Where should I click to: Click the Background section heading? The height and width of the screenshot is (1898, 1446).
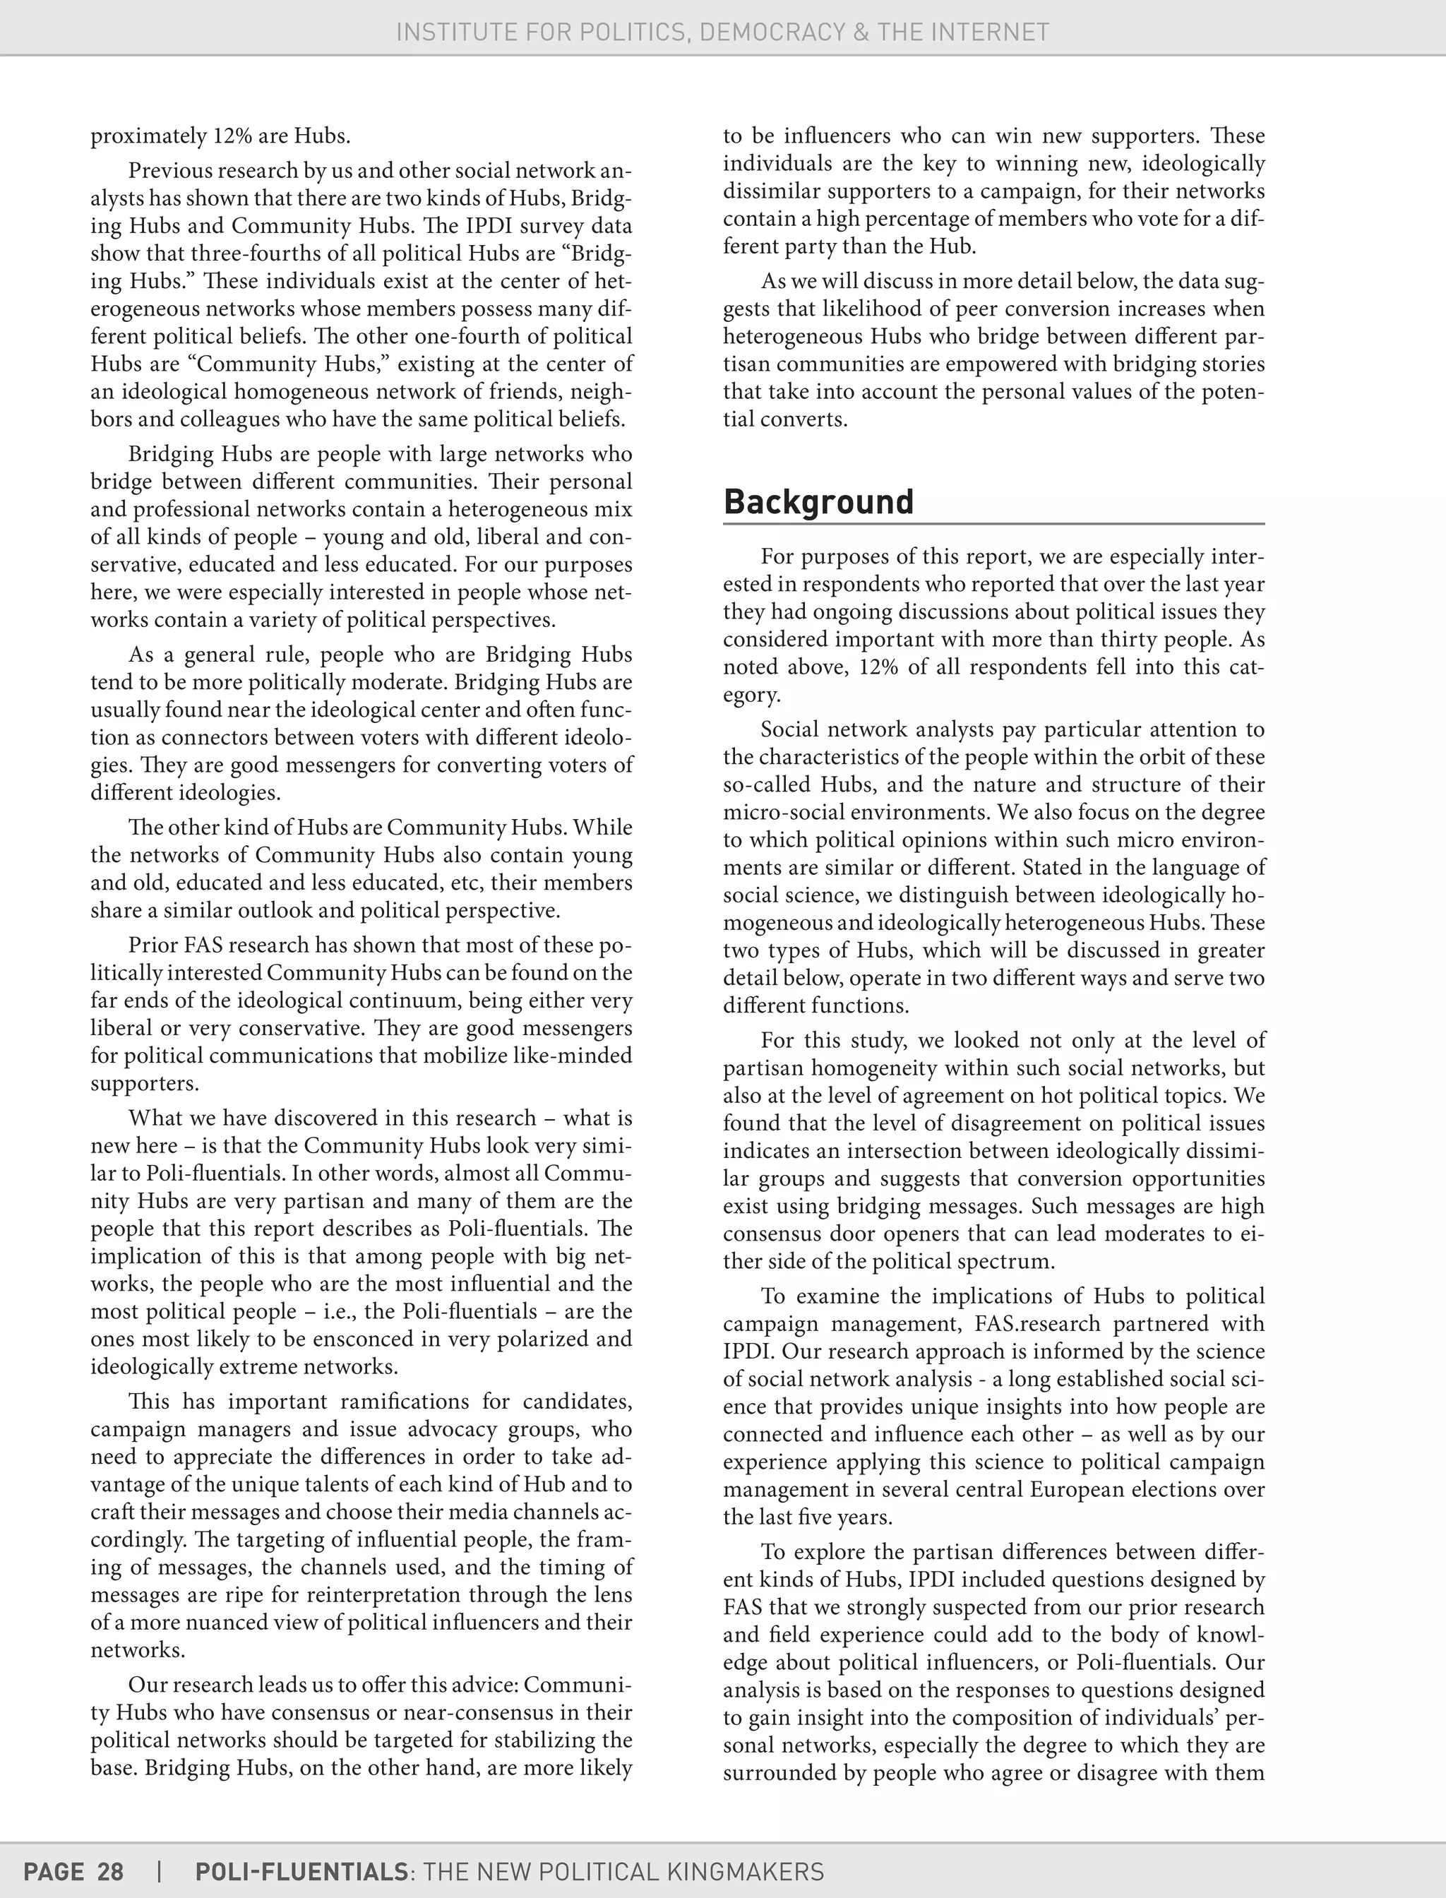818,502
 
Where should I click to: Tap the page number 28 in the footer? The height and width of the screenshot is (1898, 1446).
110,1871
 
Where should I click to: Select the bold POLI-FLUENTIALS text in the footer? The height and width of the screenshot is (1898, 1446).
301,1871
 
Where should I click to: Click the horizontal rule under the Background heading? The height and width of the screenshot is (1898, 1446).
993,523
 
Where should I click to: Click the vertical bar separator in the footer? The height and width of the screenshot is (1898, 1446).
160,1871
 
